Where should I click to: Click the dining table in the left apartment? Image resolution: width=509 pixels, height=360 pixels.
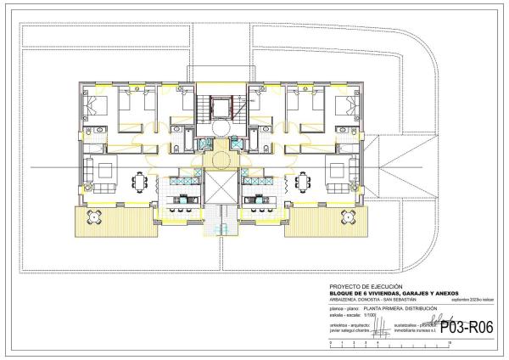coord(141,182)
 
